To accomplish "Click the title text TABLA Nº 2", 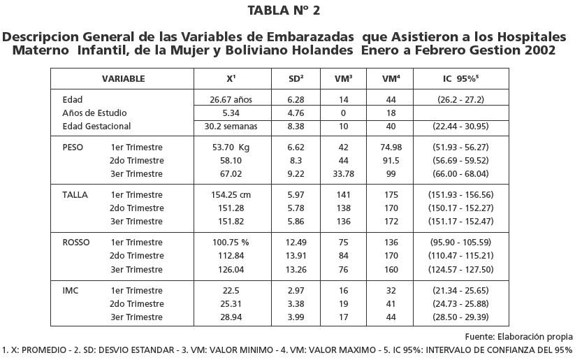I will (x=291, y=10).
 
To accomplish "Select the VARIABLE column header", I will (x=123, y=79).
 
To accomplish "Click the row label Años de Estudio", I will (x=94, y=113).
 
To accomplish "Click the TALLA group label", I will (x=75, y=195).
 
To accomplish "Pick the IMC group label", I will (x=71, y=290).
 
